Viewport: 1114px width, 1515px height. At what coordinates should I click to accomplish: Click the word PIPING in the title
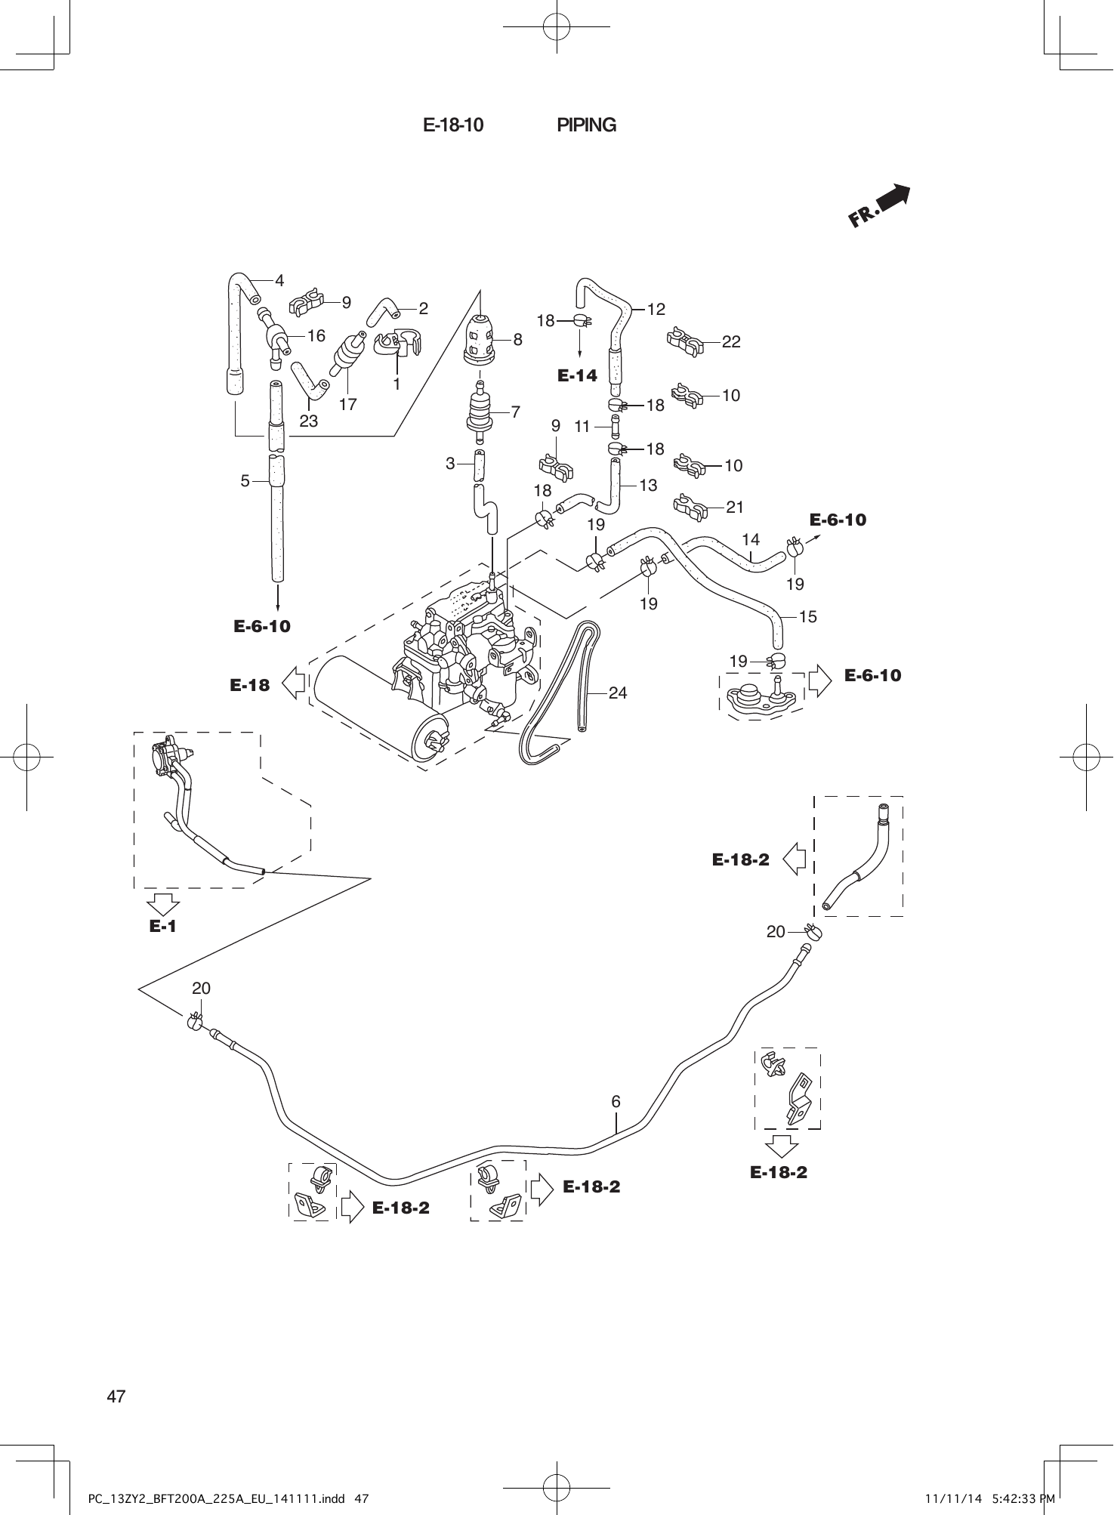pos(586,125)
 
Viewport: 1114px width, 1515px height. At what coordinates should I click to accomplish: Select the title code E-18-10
pos(453,125)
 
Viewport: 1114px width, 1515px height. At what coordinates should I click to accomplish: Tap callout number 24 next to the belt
pos(617,693)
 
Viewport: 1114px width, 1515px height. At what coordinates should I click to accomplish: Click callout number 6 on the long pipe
pos(616,1102)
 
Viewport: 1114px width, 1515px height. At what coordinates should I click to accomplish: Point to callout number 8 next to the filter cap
pos(517,340)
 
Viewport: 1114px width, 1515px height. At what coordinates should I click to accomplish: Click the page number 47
pos(116,1396)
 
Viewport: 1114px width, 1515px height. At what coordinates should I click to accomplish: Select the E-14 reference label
pos(577,375)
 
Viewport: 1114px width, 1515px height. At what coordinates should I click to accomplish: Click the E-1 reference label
pos(162,926)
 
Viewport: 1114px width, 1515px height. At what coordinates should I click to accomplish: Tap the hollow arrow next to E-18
pos(293,683)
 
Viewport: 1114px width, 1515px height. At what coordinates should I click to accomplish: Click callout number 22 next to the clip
pos(730,342)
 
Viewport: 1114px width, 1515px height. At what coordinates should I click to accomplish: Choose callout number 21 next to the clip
pos(735,508)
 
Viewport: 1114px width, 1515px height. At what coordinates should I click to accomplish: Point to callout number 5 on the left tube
pos(245,480)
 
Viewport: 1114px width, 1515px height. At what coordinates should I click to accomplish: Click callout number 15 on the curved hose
pos(807,616)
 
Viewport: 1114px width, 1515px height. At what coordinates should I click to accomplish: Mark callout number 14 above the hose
pos(750,539)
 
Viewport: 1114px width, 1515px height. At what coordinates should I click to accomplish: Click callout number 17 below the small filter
pos(347,405)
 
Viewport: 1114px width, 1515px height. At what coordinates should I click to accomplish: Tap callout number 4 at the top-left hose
pos(279,281)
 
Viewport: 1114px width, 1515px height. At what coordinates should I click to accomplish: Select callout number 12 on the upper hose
pos(656,309)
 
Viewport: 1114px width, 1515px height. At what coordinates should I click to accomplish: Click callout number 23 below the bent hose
pos(308,421)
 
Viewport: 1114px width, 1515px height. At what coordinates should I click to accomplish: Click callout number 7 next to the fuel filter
pos(515,412)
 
